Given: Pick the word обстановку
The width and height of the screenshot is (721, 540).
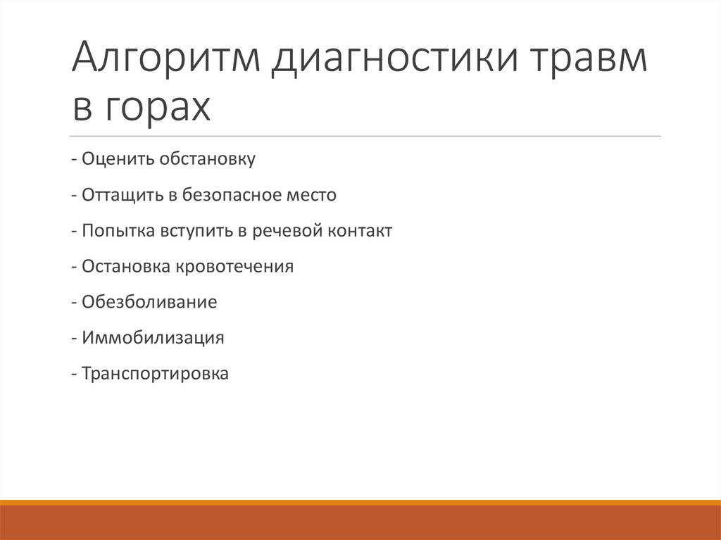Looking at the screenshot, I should [207, 158].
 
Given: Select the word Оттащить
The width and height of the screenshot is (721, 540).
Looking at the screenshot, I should [123, 194].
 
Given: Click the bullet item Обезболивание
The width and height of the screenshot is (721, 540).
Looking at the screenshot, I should [149, 302].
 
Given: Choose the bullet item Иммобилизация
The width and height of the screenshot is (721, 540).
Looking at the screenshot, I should [153, 338].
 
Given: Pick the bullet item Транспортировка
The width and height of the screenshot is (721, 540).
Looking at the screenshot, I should [155, 374].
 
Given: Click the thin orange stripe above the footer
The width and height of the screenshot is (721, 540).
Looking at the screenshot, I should [360, 502].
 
